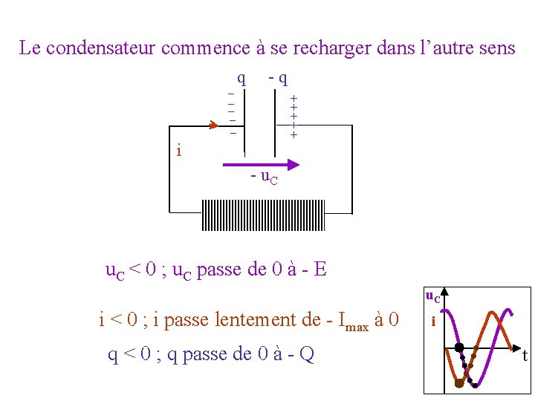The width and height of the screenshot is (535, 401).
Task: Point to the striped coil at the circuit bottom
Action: pyautogui.click(x=262, y=215)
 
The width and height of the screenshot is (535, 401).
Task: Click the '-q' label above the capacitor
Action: pyautogui.click(x=278, y=76)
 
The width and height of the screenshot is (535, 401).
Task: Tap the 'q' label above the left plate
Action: pyautogui.click(x=241, y=76)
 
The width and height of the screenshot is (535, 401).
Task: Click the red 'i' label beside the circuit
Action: pyautogui.click(x=178, y=151)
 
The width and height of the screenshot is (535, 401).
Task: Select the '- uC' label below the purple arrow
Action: pyautogui.click(x=264, y=179)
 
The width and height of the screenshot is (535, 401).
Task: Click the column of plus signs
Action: pyautogui.click(x=294, y=117)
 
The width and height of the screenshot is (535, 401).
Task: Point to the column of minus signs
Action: pyautogui.click(x=232, y=113)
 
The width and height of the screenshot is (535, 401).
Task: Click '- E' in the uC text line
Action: pyautogui.click(x=314, y=269)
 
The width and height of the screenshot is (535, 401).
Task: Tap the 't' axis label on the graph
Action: pyautogui.click(x=525, y=356)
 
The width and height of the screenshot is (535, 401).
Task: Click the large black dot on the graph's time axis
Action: pyautogui.click(x=459, y=348)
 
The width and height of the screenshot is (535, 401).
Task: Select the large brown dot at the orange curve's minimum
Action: pyautogui.click(x=459, y=383)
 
